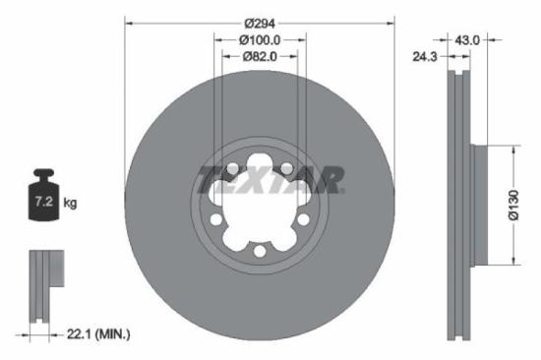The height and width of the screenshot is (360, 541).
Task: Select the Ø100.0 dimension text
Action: point(260,40)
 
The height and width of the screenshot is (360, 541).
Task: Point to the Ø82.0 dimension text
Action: point(260,57)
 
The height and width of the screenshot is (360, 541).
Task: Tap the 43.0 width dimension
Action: point(467,40)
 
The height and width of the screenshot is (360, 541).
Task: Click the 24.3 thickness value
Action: point(425,58)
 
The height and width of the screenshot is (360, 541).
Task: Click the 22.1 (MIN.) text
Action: point(95,335)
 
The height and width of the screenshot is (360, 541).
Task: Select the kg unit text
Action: point(71,204)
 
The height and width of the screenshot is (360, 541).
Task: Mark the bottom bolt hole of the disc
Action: point(259,253)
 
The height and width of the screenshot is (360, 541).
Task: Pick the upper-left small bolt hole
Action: point(232,169)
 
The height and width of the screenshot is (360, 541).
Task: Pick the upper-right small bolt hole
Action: point(286,169)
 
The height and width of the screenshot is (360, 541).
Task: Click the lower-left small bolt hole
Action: point(215,220)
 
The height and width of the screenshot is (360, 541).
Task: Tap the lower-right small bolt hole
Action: point(303,220)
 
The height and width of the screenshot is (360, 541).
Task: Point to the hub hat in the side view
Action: point(480,205)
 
